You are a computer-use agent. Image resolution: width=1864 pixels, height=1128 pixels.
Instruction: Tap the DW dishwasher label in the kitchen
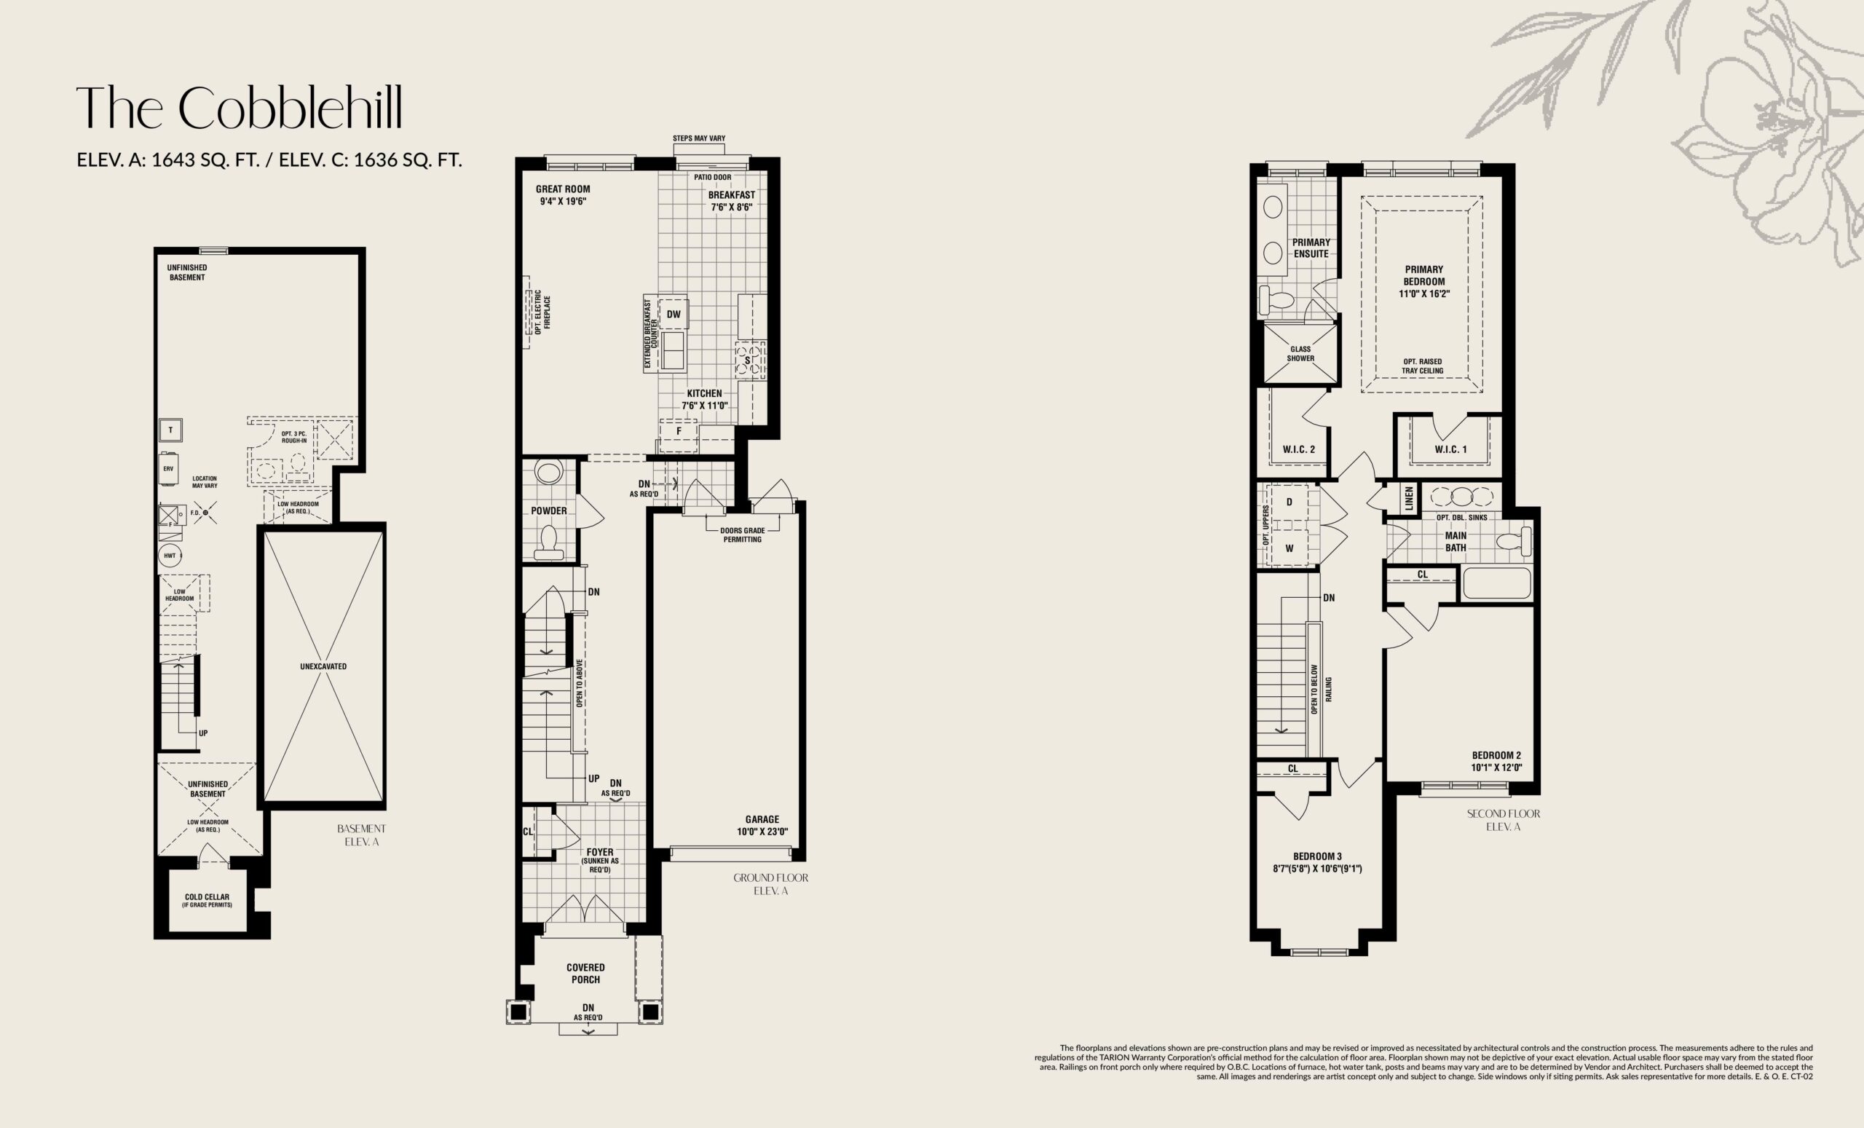click(674, 314)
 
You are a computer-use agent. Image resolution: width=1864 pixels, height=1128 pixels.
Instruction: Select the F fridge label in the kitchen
click(679, 431)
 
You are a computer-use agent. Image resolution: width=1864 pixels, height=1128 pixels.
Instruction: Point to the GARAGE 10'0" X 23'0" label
click(762, 825)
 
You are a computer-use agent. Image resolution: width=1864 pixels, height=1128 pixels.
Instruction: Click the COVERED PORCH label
click(585, 973)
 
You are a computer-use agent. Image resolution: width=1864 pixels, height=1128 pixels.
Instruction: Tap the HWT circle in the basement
click(170, 556)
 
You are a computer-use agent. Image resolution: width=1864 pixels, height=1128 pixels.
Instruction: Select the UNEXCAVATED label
click(323, 666)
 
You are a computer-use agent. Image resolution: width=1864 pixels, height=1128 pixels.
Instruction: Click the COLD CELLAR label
click(207, 900)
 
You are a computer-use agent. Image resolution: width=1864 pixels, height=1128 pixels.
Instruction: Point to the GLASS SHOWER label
click(1300, 354)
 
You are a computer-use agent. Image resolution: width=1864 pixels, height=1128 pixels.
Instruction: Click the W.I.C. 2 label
click(1299, 449)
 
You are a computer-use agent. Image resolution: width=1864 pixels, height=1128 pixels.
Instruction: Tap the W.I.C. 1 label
click(1450, 449)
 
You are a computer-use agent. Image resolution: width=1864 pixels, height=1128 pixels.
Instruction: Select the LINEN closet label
click(1409, 499)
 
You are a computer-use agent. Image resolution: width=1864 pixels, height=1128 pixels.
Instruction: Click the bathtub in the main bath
click(1496, 583)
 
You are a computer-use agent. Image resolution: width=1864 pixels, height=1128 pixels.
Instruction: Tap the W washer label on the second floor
click(1289, 548)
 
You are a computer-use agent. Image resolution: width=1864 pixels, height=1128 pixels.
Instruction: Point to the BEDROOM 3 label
click(1317, 862)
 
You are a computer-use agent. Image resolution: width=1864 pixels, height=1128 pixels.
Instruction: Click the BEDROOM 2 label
click(1496, 761)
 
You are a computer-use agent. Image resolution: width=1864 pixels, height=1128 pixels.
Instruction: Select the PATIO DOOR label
click(712, 177)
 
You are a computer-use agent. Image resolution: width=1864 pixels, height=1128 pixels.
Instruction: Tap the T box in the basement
click(170, 430)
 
